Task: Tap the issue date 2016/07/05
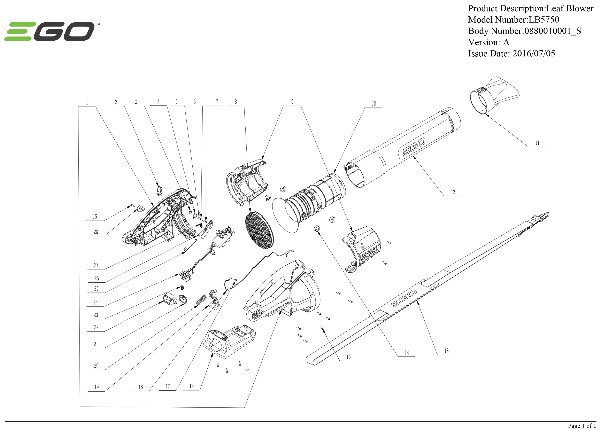[x=533, y=53]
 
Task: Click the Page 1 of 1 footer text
[x=582, y=425]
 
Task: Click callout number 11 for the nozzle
[x=537, y=143]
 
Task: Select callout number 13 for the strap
[x=446, y=351]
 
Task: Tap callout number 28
[x=96, y=232]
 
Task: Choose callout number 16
[x=191, y=386]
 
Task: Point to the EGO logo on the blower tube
[x=412, y=148]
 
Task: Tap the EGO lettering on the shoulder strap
[x=403, y=298]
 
